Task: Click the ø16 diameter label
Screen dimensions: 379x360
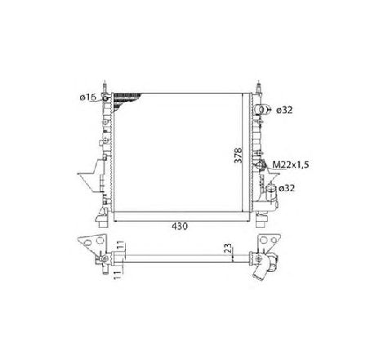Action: click(88, 97)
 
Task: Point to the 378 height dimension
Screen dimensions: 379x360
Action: click(238, 155)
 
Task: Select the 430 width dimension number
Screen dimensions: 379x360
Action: click(180, 226)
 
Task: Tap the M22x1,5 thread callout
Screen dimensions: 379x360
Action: click(291, 165)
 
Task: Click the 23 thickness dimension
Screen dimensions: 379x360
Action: click(229, 247)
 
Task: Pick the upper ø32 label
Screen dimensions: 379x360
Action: click(284, 110)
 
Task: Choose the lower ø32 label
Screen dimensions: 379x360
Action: click(287, 188)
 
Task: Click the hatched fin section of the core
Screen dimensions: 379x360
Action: click(124, 100)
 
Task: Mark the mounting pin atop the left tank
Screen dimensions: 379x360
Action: click(105, 87)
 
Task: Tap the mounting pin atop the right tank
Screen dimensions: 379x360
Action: click(258, 87)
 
